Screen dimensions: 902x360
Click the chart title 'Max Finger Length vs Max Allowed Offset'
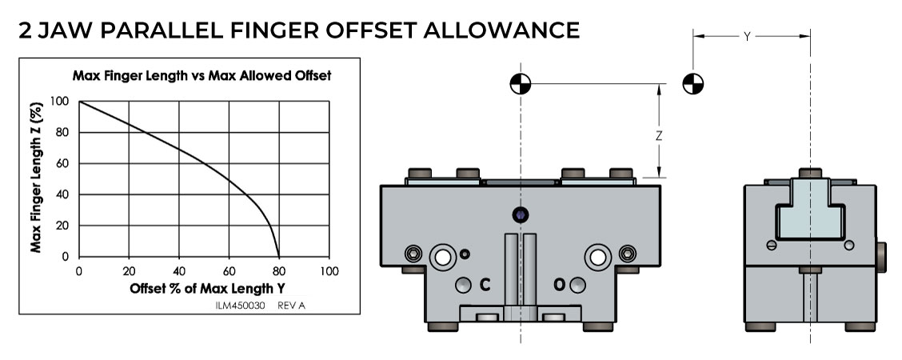tap(202, 75)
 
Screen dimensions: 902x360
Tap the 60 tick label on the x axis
tap(229, 271)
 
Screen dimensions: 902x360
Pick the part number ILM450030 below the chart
tap(240, 306)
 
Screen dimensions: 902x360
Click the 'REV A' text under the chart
tap(291, 306)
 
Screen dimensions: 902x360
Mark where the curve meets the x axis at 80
tap(279, 257)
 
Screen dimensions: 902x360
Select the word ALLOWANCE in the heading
tap(501, 30)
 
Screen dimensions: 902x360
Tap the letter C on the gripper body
tap(485, 284)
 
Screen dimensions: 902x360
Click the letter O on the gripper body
tap(559, 284)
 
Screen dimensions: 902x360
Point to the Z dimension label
tap(659, 136)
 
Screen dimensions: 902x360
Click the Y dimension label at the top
tap(747, 36)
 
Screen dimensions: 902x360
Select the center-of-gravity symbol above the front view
tap(521, 84)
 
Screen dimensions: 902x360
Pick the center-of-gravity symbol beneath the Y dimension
tap(692, 84)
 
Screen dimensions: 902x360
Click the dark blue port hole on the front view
tap(520, 215)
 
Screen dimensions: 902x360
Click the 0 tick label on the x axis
tap(79, 271)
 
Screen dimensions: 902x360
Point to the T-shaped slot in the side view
tap(810, 209)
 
